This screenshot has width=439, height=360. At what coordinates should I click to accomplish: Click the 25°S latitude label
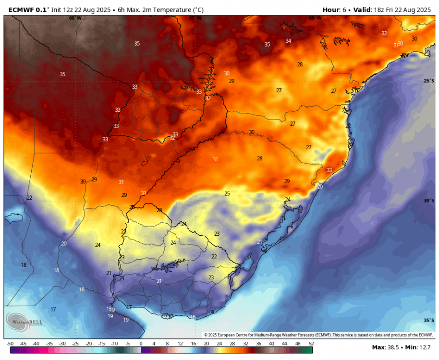(428, 81)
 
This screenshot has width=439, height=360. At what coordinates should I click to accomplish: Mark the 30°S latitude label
(428, 201)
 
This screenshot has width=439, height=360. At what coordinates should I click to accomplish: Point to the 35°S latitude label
(428, 320)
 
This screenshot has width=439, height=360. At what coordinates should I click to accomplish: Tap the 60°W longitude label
(75, 18)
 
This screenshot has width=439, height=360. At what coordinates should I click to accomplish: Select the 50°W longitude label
(315, 18)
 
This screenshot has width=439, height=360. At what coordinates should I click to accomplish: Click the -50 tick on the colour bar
(9, 344)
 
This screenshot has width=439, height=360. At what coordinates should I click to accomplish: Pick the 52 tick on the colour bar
(311, 344)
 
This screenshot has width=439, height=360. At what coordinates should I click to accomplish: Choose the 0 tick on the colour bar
(141, 344)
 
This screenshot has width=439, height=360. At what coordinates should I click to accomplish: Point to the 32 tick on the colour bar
(245, 344)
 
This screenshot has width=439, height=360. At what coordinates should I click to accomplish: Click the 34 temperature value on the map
(288, 41)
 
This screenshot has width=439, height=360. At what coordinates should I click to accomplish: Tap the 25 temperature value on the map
(227, 193)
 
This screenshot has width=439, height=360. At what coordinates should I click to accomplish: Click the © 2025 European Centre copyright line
(318, 335)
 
